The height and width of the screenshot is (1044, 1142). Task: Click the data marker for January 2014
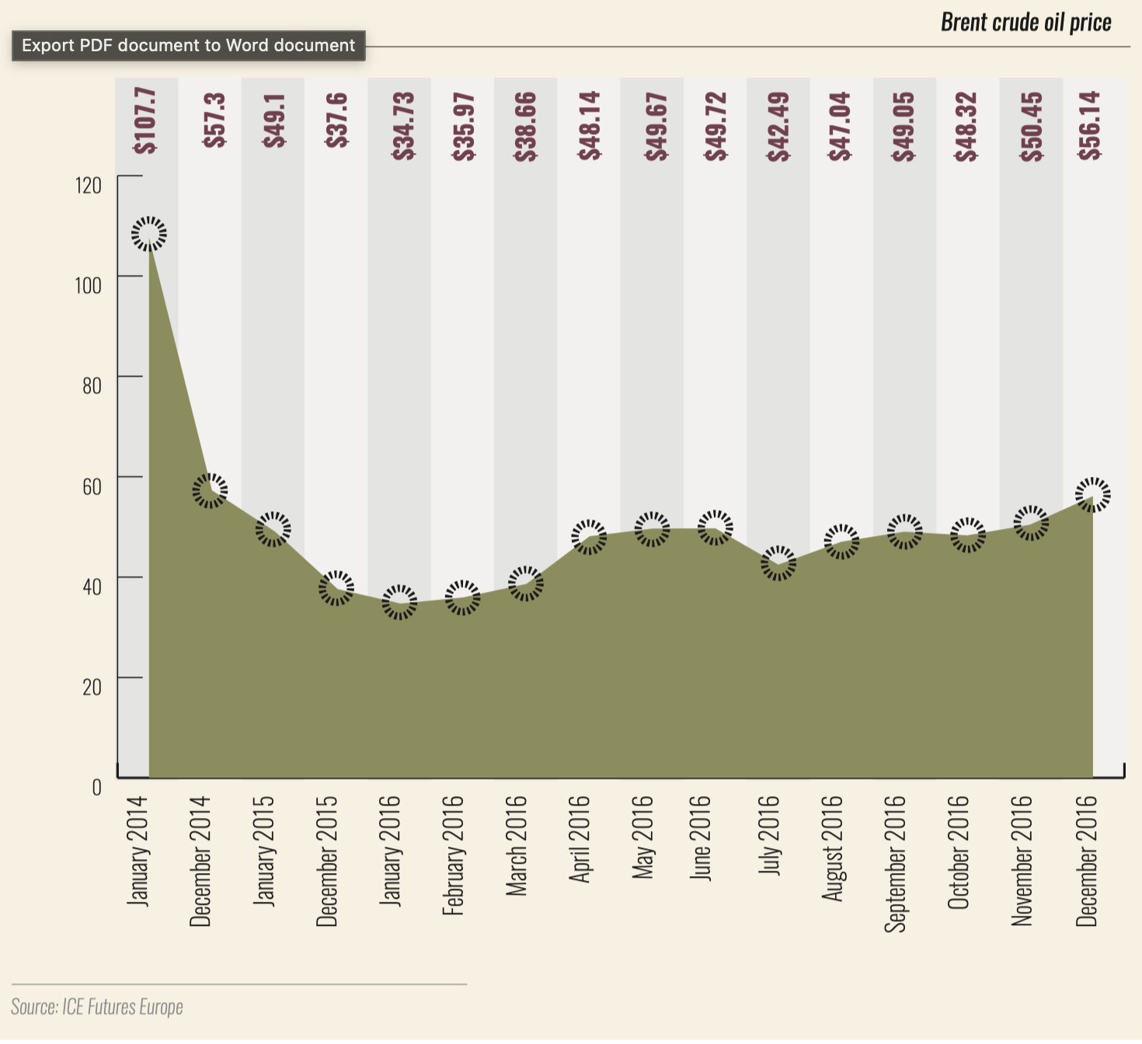148,234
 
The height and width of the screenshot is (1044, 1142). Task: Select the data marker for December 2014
210,490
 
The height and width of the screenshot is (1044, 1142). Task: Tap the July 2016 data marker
778,563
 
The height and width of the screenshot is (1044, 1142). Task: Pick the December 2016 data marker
1093,495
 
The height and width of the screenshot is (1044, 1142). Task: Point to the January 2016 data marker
399,602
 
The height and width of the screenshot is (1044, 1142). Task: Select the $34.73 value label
403,126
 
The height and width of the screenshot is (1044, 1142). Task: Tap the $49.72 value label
716,126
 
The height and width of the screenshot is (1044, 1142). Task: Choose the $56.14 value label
1090,126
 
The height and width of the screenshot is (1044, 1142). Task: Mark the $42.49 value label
778,126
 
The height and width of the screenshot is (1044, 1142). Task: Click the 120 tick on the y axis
89,185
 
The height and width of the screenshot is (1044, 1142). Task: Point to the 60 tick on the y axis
92,486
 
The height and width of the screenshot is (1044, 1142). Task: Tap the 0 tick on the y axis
96,787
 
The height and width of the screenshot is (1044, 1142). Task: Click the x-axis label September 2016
896,863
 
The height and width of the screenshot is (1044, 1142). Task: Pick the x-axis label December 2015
327,861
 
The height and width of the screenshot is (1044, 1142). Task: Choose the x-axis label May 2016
643,837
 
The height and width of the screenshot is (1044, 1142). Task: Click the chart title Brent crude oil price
1025,22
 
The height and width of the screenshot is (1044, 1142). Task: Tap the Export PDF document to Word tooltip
188,45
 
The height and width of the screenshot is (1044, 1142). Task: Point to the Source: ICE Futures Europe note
97,1007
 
